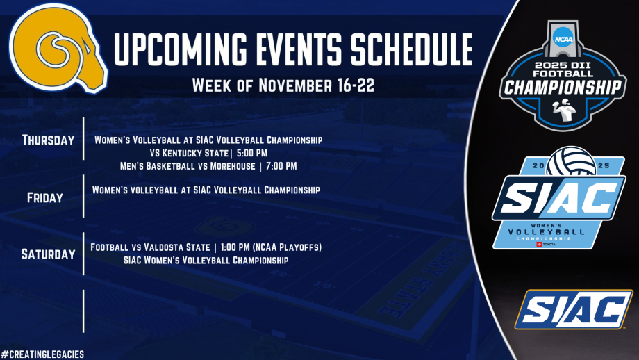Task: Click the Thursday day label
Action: click(x=48, y=140)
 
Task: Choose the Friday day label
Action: click(x=44, y=197)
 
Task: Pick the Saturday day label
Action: click(x=48, y=254)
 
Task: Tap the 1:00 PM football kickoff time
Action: click(x=231, y=247)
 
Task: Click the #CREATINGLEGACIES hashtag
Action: click(x=42, y=354)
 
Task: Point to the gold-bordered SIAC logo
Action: click(x=573, y=309)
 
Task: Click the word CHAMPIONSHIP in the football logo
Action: click(x=561, y=88)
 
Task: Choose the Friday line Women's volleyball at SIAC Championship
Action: click(x=206, y=189)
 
